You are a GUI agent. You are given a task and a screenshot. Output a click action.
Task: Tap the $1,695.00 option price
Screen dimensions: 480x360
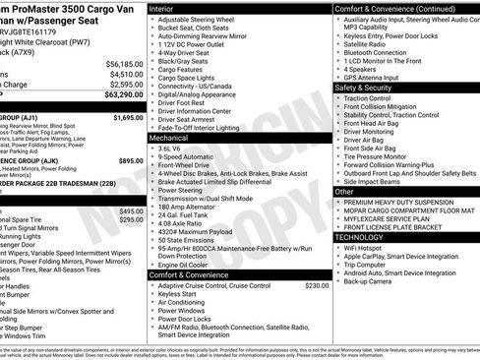(x=127, y=117)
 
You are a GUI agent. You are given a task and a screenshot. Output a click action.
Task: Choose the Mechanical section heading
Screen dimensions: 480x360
(x=169, y=138)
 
